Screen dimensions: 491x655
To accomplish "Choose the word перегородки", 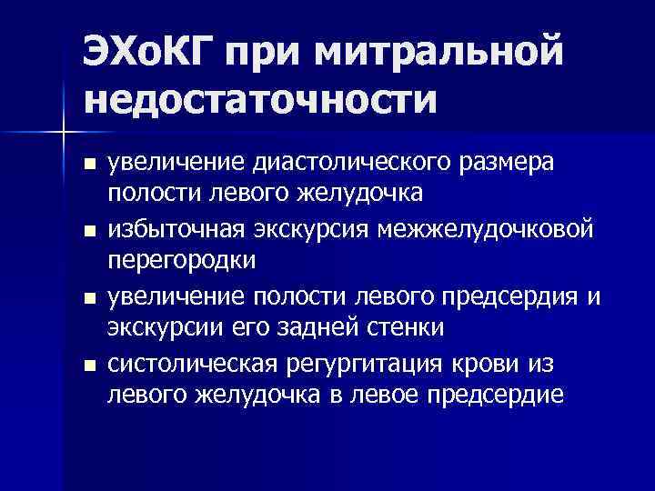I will pos(182,258).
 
